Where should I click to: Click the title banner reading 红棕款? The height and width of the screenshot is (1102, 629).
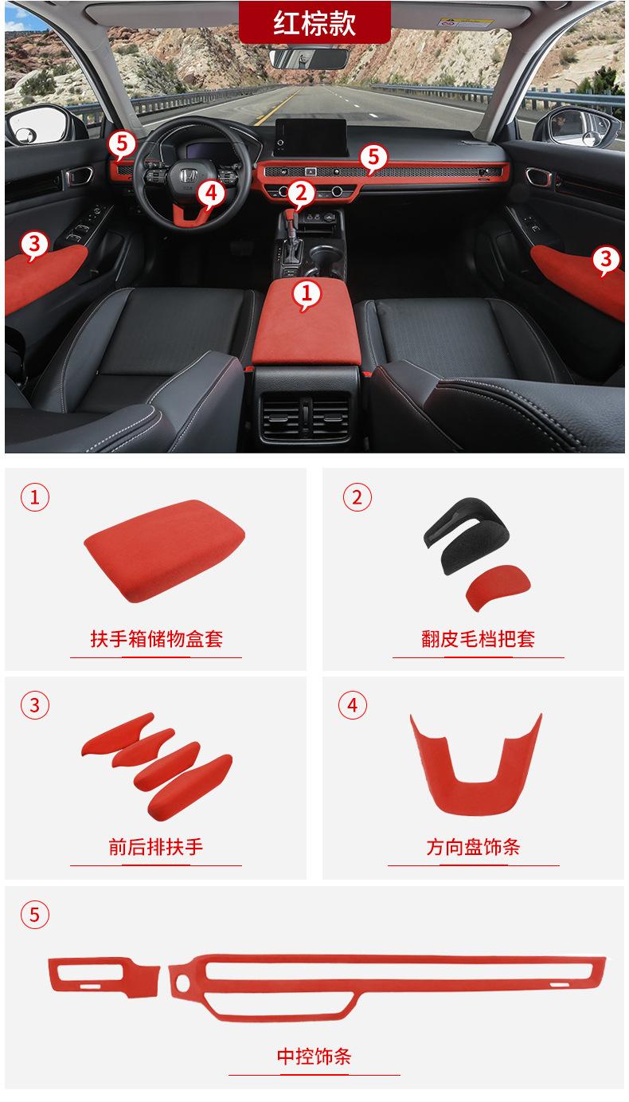(314, 22)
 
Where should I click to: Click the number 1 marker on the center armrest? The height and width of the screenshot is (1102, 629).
(307, 294)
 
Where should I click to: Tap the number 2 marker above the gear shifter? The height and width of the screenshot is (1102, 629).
(300, 192)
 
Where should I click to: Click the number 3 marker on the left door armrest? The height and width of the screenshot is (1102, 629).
(33, 243)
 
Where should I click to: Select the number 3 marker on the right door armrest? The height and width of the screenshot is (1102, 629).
(606, 258)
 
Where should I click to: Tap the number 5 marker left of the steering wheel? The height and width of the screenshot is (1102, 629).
(121, 143)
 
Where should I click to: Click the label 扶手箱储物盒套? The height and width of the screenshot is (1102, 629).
(156, 638)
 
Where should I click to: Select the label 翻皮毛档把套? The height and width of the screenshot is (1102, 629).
(478, 638)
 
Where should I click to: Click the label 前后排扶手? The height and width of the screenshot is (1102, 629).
(156, 846)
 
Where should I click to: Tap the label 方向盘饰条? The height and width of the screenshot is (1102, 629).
(473, 846)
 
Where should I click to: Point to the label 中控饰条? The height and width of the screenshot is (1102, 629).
(314, 1057)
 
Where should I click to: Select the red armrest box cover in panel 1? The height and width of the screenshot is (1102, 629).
(163, 555)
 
